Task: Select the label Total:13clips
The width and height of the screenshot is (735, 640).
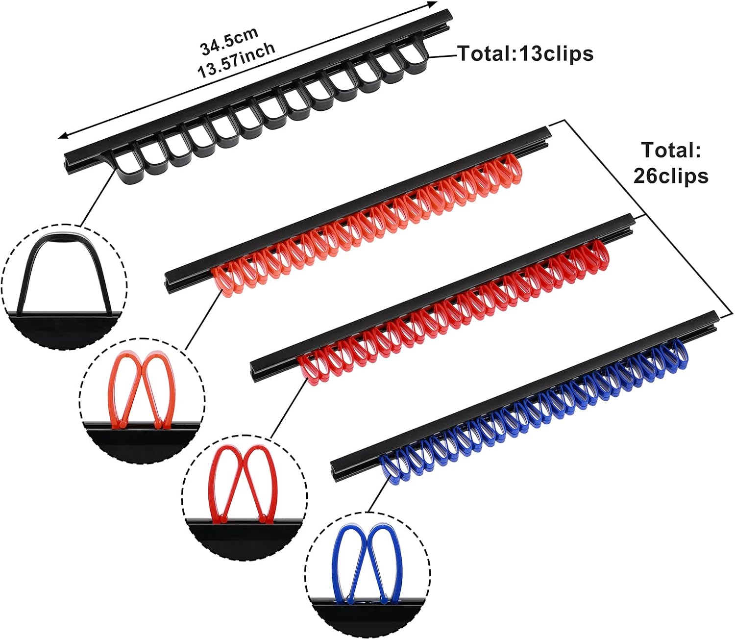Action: click(525, 53)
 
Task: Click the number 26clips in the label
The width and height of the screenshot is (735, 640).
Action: click(670, 175)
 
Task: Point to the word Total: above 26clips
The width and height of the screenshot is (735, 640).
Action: click(670, 150)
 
